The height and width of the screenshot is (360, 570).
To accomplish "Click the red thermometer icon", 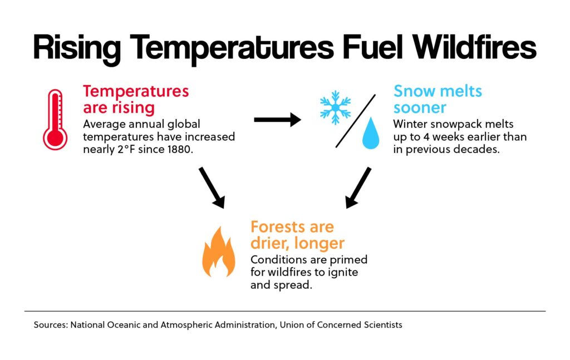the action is pos(55,120).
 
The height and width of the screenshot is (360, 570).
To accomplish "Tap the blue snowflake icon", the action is pos(335,108).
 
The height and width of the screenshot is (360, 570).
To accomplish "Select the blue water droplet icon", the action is pos(370,133).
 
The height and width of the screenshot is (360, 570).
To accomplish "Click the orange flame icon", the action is pos(218,251).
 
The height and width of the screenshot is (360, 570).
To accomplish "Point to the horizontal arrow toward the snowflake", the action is pos(278,120).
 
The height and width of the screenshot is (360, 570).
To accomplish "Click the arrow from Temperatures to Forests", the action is pos(212,188).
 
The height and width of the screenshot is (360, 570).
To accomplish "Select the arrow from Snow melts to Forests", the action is pos(358,188).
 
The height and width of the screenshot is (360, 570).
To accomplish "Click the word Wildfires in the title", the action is pos(474,47).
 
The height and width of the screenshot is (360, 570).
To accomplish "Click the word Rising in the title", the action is pos(77,50).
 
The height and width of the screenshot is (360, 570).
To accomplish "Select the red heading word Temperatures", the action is pos(136,91).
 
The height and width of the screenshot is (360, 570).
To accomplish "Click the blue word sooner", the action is pos(420,107).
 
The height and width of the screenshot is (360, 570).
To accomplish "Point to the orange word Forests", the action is pos(277,227).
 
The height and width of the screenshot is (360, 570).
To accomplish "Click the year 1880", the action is pos(179,149).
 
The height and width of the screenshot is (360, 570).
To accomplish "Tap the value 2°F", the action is pos(127,149).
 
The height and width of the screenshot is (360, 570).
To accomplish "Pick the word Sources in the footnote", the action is pos(51,324).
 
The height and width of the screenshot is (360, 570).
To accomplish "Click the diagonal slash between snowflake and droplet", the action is pos(356,121).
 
